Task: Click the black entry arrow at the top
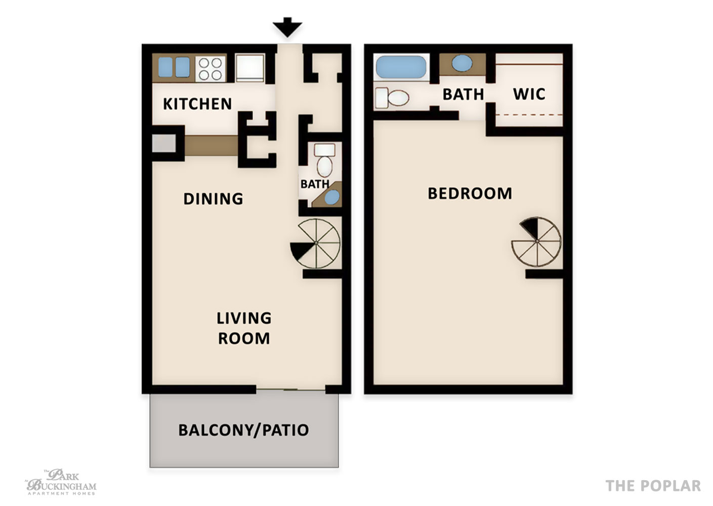tap(287, 27)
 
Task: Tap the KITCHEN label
tap(197, 104)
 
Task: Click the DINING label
tap(213, 199)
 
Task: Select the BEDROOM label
tap(470, 193)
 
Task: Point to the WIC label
tap(529, 94)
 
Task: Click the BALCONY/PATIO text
tap(243, 430)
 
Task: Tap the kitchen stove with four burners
tap(211, 69)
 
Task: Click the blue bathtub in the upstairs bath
tap(401, 67)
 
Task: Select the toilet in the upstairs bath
tap(392, 98)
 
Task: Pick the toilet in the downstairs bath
tap(325, 160)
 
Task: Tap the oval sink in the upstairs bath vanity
tap(462, 63)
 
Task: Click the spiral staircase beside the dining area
tap(315, 243)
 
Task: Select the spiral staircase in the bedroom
tap(536, 242)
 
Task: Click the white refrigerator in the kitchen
tap(250, 68)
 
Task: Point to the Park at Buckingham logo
tap(61, 482)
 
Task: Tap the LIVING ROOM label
tap(244, 328)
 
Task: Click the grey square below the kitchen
tap(163, 143)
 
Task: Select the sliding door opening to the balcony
tap(290, 389)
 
